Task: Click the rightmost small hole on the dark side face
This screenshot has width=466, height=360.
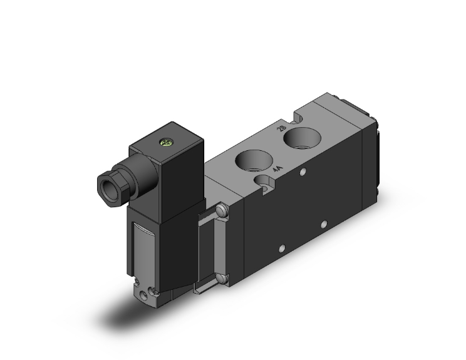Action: pyautogui.click(x=324, y=224)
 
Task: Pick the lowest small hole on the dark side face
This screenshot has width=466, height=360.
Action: pyautogui.click(x=282, y=249)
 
